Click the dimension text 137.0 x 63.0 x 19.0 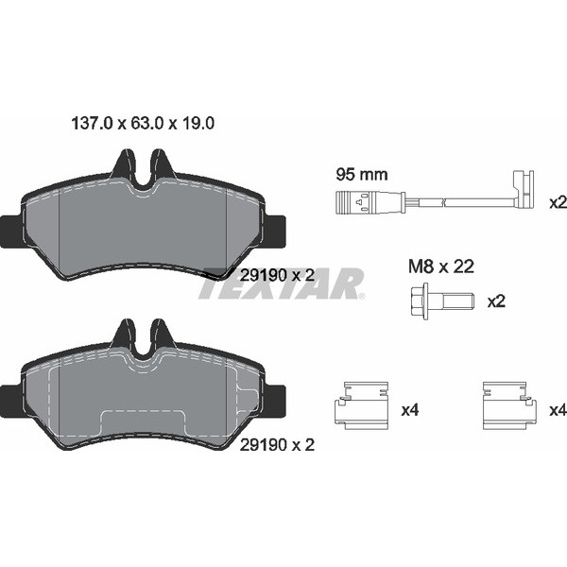point(143,123)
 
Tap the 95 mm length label point(362,175)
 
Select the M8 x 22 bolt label point(440,266)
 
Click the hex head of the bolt point(420,301)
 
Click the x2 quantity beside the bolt point(496,301)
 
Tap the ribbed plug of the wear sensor point(352,203)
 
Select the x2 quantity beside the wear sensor point(558,203)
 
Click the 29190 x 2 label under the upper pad point(277,276)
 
